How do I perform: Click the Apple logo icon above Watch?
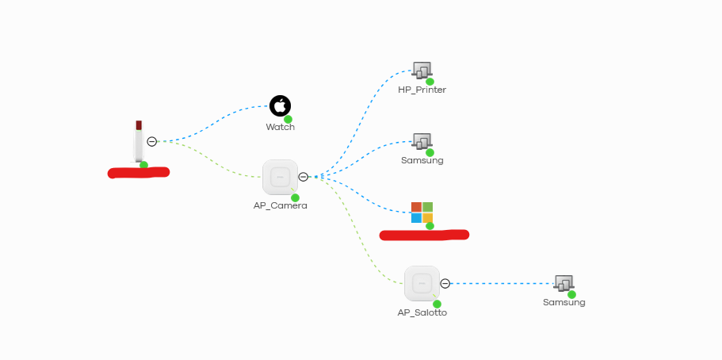point(280,105)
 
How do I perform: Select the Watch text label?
point(281,127)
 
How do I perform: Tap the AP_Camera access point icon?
point(280,177)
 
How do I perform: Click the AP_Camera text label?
point(280,205)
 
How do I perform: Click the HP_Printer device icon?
point(422,71)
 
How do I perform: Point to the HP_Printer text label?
point(422,90)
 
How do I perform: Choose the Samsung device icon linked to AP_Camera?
point(422,141)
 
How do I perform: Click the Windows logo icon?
point(422,213)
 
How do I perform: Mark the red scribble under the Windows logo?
point(424,235)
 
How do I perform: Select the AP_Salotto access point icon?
point(422,283)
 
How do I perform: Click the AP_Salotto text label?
point(422,312)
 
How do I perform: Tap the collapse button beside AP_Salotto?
point(445,283)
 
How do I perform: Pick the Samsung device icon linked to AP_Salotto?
point(563,283)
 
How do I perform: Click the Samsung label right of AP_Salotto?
point(564,302)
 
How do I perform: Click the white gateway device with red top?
point(139,141)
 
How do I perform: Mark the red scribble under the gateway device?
point(139,172)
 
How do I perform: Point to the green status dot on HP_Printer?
point(430,82)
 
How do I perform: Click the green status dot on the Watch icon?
point(288,119)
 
